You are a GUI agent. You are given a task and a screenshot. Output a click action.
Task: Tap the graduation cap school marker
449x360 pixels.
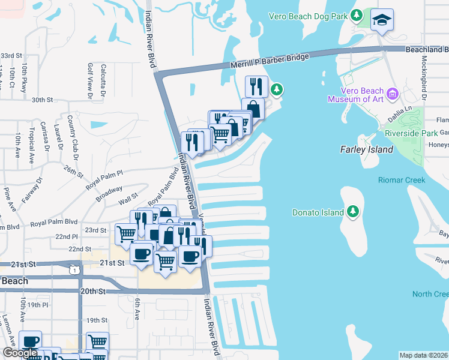382,20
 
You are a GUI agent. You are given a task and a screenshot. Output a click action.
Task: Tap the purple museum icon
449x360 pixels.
393,94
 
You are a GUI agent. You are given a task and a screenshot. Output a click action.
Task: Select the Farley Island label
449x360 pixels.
366,149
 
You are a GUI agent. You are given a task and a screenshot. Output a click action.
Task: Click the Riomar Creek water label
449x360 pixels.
401,180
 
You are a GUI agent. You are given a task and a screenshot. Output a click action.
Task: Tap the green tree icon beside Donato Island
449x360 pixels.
354,212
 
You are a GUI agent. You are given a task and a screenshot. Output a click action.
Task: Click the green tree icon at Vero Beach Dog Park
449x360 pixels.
357,14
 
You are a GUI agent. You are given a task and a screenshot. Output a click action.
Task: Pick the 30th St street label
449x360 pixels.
43,100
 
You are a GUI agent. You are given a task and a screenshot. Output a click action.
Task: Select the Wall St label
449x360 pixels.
128,203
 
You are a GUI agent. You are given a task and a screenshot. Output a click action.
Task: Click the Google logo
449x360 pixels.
19,353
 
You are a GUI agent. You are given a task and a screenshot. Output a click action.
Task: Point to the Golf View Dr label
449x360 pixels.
90,80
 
